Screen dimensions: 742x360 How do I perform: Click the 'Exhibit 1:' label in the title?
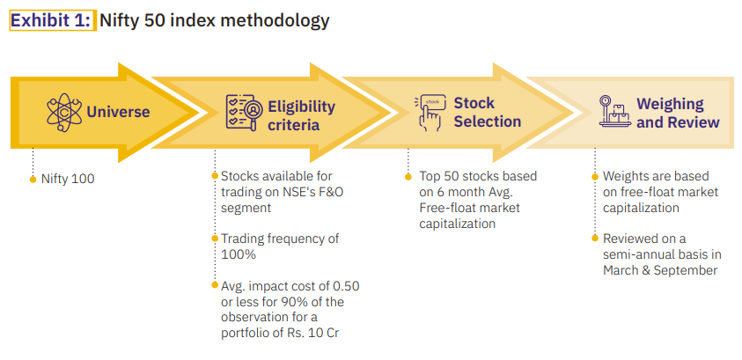51,20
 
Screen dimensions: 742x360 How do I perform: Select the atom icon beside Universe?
64,112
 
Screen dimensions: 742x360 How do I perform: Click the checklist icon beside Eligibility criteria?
241,112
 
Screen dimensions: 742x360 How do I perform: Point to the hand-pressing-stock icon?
430,113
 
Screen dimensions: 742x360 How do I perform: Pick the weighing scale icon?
614,111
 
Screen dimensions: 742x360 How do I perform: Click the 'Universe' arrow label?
118,112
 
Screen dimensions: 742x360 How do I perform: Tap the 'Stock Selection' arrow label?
488,112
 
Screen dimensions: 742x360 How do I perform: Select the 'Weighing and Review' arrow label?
678,113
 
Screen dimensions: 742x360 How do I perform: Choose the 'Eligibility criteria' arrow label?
301,115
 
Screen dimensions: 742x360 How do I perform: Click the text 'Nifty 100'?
68,180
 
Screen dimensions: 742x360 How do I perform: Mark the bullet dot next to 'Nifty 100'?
33,180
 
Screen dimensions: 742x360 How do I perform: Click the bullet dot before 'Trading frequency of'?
215,238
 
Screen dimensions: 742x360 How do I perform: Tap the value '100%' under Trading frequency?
239,254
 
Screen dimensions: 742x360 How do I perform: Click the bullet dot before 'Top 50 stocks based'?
408,177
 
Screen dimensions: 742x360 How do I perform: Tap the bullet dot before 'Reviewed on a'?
595,238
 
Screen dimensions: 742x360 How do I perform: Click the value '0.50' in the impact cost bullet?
345,286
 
